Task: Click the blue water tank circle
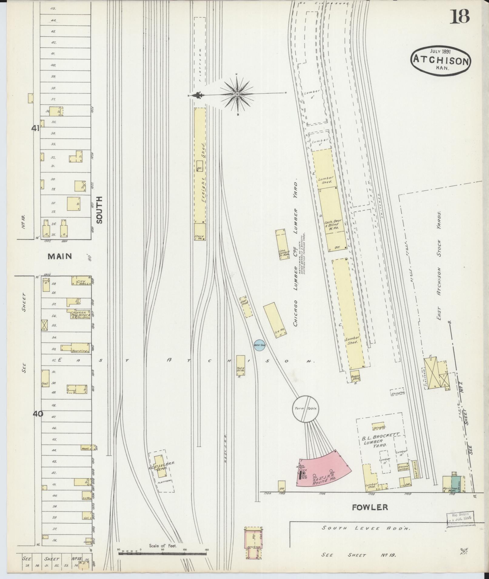click(259, 345)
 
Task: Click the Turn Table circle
click(306, 408)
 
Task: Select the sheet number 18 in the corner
click(459, 16)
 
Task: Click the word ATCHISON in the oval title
click(440, 61)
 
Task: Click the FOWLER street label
click(370, 507)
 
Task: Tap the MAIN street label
click(60, 256)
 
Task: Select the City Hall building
click(81, 281)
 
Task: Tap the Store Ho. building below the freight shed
click(200, 232)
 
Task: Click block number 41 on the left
click(35, 128)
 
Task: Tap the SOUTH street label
click(99, 210)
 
